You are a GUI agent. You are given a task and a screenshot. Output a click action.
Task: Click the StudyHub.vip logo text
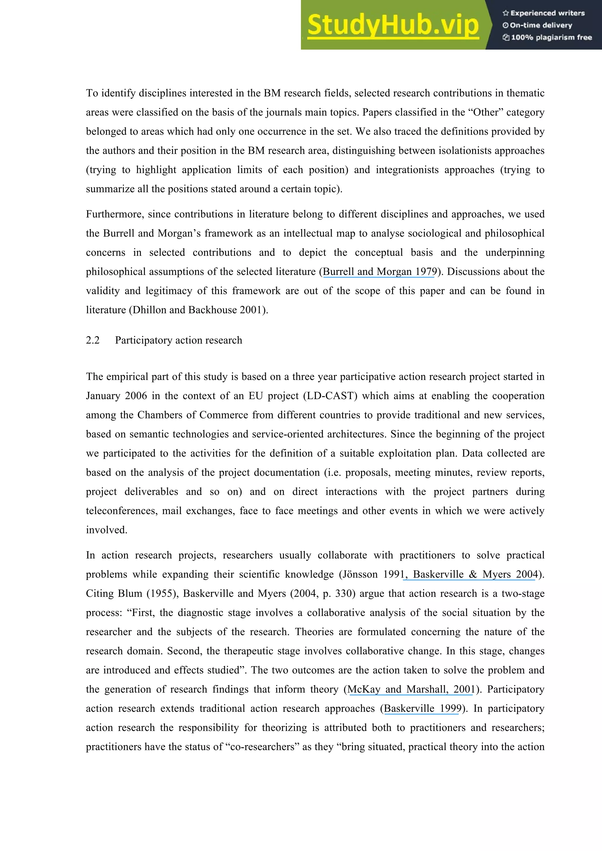pos(393,25)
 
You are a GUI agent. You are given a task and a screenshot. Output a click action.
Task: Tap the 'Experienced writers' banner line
pos(544,13)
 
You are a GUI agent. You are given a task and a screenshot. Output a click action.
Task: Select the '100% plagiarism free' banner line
pos(548,37)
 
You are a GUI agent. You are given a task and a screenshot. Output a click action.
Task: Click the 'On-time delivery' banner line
pos(537,25)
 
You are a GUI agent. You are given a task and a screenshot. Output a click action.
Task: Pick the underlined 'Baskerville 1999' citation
pos(422,708)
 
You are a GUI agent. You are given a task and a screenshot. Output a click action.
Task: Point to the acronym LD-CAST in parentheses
pos(330,396)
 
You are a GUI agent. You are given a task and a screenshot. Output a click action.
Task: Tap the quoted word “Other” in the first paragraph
pos(486,112)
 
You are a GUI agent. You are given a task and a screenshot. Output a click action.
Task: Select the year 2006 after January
pos(136,396)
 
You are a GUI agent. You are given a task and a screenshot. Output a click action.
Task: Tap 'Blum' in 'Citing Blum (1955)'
pos(130,593)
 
